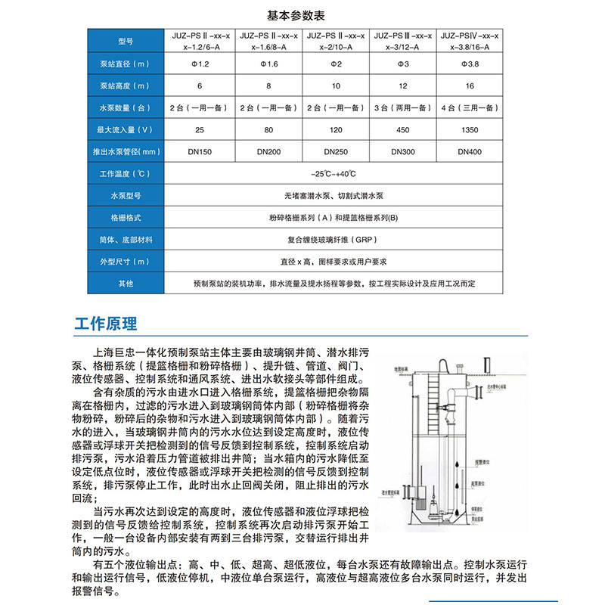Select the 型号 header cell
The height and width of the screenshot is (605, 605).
click(126, 41)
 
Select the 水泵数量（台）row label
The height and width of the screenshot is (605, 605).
click(126, 108)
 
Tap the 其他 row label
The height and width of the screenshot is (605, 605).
click(126, 284)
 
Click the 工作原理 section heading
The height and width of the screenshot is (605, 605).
click(107, 324)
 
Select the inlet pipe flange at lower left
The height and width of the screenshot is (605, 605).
click(411, 499)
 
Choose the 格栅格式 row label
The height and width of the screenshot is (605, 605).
click(126, 217)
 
